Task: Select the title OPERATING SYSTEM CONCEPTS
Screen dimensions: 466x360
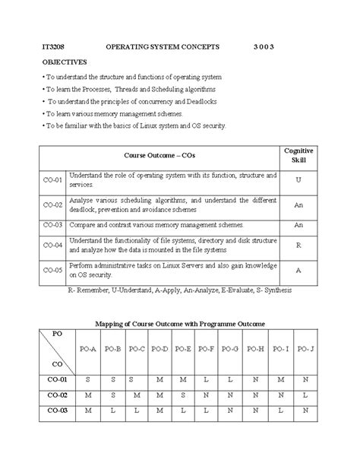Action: point(163,47)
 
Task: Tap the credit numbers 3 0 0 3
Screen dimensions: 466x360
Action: point(263,47)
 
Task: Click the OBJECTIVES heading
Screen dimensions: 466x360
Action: point(65,62)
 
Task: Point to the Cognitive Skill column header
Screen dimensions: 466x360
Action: point(298,155)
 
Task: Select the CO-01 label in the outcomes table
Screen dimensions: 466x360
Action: point(52,181)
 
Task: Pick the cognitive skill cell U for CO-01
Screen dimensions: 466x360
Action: point(298,181)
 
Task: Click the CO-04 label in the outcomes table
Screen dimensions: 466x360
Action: point(52,246)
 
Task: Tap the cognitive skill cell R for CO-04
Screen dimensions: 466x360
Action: point(298,246)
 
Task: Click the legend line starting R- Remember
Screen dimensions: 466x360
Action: point(179,290)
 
